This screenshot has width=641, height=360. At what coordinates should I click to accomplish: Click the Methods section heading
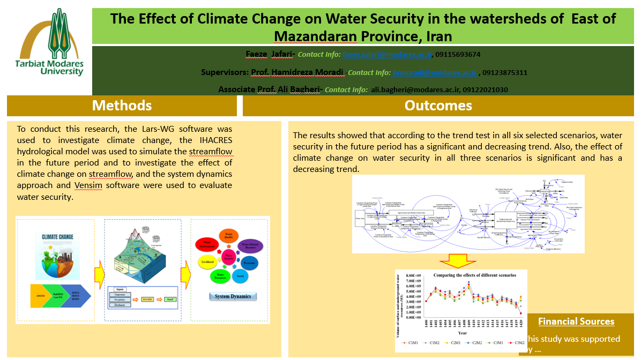pyautogui.click(x=122, y=105)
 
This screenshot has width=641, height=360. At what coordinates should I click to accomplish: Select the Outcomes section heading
pyautogui.click(x=438, y=105)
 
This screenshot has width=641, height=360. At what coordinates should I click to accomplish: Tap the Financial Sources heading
pyautogui.click(x=576, y=321)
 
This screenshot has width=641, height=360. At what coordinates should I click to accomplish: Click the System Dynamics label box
pyautogui.click(x=233, y=296)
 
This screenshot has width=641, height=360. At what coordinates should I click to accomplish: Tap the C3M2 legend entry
pyautogui.click(x=518, y=342)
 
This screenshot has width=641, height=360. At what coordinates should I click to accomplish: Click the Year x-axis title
pyautogui.click(x=462, y=333)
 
